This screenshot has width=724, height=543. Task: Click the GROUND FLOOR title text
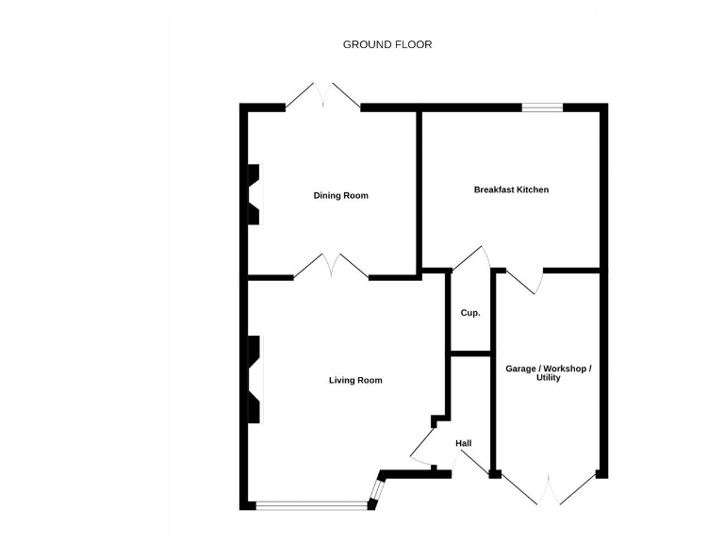[x=387, y=44]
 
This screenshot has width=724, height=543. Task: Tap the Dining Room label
[x=341, y=196]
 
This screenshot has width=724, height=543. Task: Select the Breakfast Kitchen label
[x=511, y=189]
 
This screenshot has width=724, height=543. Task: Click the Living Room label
[x=355, y=380]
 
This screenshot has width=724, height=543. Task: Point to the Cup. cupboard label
[x=470, y=313]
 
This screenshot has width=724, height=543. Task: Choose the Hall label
[x=463, y=443]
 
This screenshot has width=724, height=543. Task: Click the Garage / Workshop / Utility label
[x=549, y=372]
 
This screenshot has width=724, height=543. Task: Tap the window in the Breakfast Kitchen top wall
[x=543, y=107]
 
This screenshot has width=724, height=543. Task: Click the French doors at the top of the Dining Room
[x=323, y=96]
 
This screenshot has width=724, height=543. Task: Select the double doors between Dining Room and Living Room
[x=331, y=267]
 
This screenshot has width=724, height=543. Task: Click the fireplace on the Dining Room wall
[x=254, y=195]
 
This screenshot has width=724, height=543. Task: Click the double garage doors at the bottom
[x=547, y=489]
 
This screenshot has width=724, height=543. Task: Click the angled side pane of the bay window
[x=377, y=492]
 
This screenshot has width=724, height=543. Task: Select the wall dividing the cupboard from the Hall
[x=470, y=354]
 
